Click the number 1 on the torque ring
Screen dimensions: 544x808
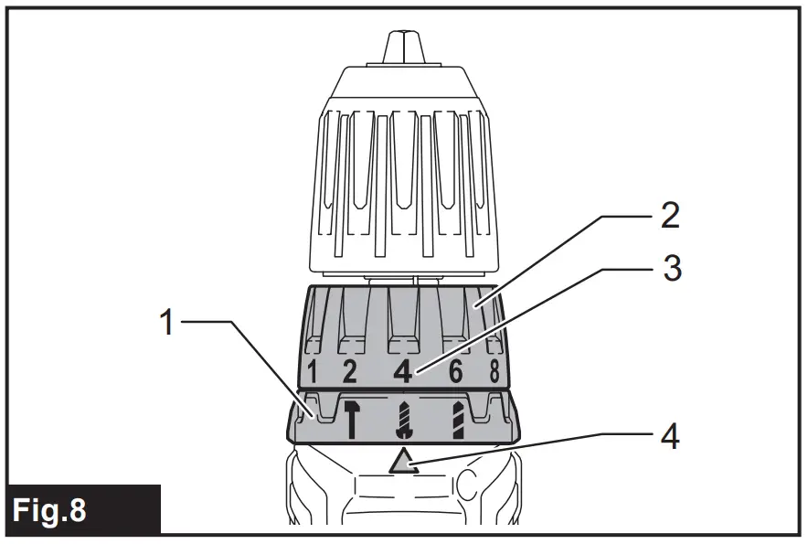(x=313, y=372)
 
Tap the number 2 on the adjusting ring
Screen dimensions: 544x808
(x=348, y=371)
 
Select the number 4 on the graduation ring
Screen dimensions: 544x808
(x=401, y=372)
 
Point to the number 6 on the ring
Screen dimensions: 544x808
(x=455, y=371)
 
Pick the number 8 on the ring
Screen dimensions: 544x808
(x=493, y=371)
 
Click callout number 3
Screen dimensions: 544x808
(x=671, y=271)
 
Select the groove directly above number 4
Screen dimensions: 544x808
(x=403, y=320)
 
